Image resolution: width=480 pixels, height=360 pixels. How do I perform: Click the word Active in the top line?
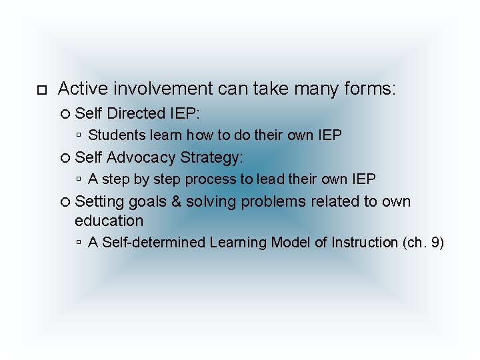point(83,88)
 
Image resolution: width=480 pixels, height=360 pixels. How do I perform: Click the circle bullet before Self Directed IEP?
point(65,114)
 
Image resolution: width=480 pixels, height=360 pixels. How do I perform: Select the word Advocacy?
point(141,157)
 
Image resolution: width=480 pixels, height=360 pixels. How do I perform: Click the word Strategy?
point(212,157)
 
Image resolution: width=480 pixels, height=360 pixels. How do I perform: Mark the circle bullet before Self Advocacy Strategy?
point(65,158)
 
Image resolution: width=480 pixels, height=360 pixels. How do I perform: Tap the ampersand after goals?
point(177,201)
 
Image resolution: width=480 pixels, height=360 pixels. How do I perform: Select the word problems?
point(279,201)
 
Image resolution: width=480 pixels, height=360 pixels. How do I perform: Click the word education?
point(109,221)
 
